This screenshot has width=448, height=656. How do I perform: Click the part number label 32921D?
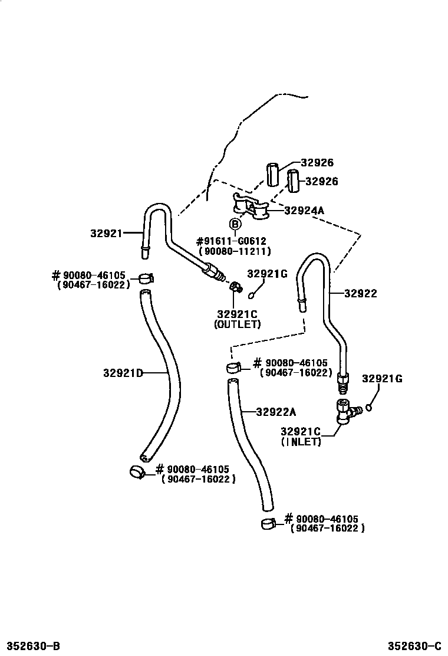[x=123, y=373]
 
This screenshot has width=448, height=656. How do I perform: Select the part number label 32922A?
[x=276, y=412]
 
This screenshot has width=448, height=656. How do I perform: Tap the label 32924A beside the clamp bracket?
[x=304, y=209]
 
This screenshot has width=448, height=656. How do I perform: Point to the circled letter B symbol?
[x=235, y=224]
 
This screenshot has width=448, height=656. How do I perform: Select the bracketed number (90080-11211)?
[x=235, y=251]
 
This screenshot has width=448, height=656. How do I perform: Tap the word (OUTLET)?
[x=237, y=324]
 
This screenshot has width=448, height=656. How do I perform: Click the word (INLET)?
[x=301, y=442]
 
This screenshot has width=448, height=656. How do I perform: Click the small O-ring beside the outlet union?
[x=252, y=294]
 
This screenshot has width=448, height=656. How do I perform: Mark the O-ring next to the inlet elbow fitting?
[x=369, y=406]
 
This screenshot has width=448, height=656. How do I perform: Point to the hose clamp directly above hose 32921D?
[x=146, y=277]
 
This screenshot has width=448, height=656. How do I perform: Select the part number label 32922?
[x=361, y=293]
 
